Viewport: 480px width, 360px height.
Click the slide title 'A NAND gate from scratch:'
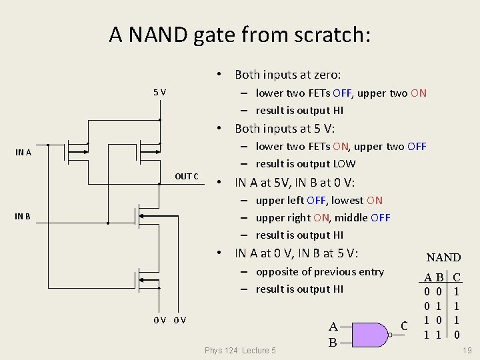[239, 35]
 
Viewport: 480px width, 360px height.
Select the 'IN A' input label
[23, 152]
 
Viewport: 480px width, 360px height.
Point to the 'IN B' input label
[23, 216]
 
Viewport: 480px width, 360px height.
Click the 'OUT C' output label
[187, 176]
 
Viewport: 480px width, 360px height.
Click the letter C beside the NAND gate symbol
[403, 325]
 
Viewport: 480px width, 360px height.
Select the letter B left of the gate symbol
[333, 343]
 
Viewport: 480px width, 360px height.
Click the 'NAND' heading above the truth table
[443, 257]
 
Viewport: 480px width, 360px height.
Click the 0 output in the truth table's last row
[456, 333]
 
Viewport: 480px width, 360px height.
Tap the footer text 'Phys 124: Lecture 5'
[240, 351]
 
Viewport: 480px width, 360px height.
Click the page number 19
[467, 350]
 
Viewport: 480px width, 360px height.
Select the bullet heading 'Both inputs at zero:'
[287, 75]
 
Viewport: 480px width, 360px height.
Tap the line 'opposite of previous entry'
[319, 271]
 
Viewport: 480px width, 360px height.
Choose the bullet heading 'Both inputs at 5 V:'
[285, 128]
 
